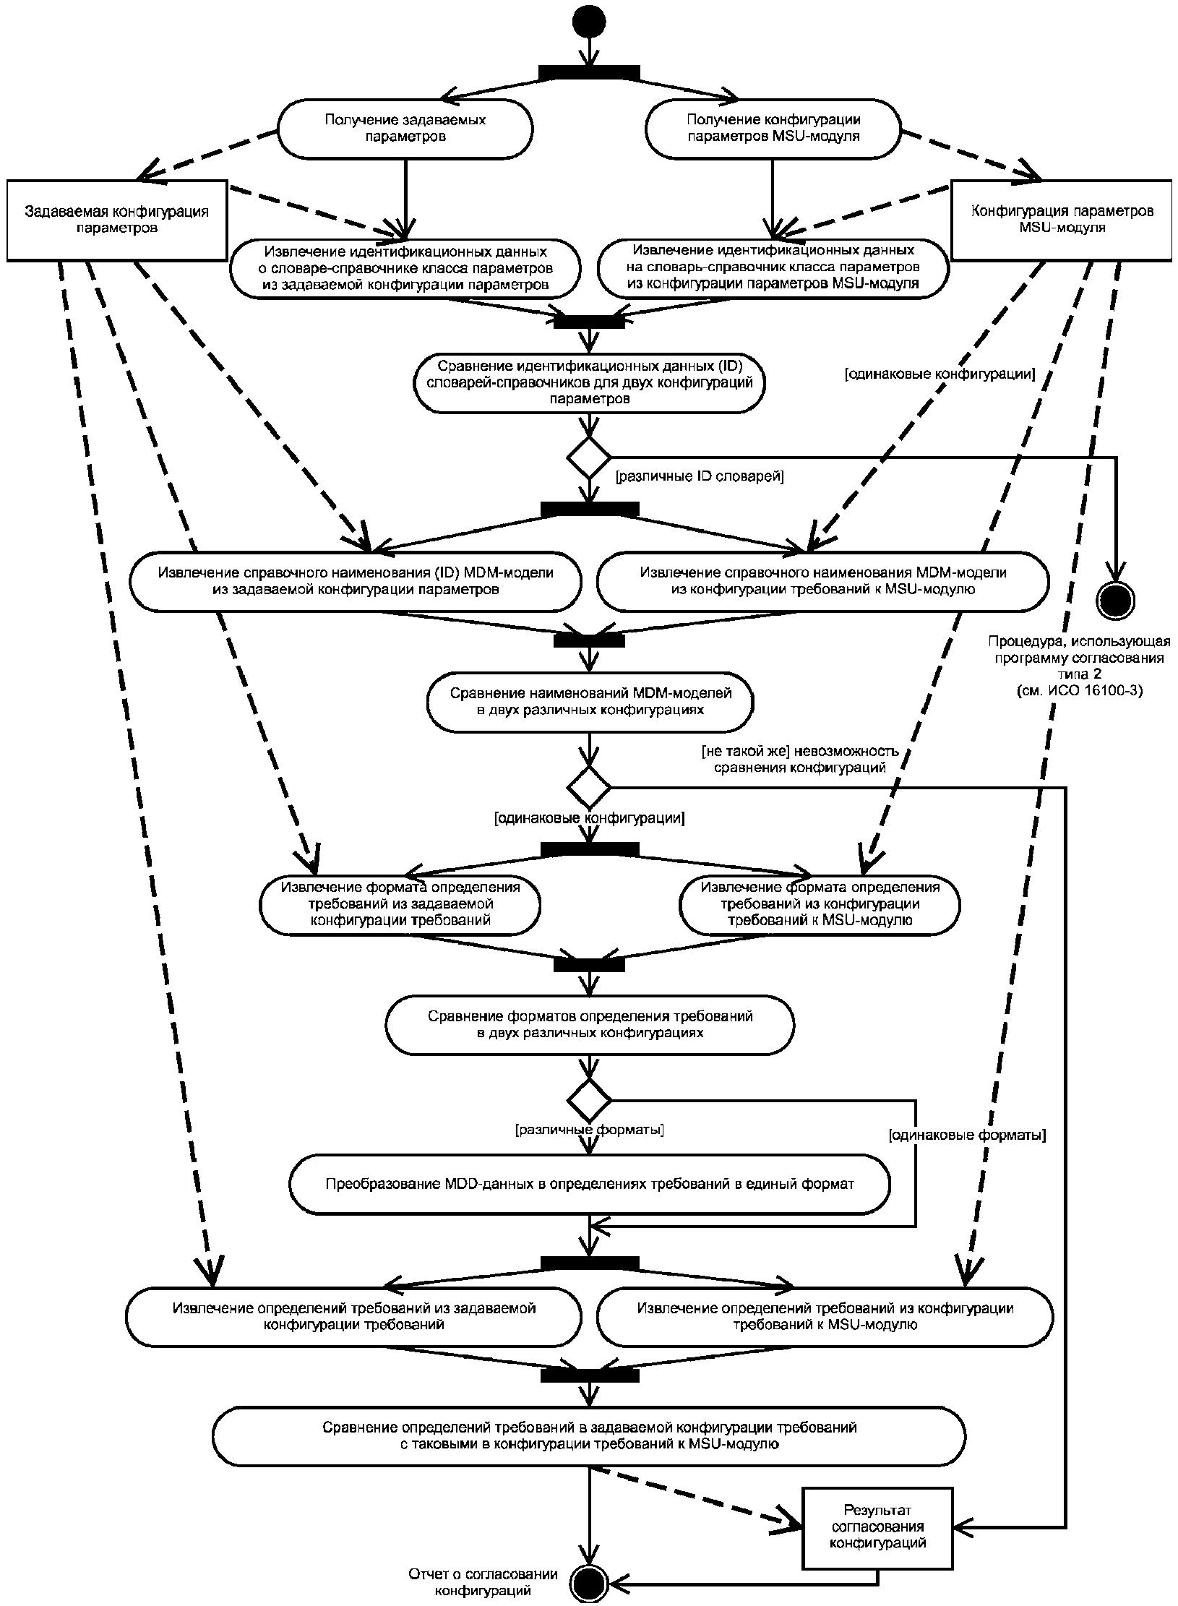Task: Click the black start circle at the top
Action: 590,22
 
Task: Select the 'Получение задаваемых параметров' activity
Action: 405,128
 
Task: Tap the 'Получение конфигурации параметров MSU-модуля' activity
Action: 773,128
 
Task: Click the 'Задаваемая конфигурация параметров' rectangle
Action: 116,220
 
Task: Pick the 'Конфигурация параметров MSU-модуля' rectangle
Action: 1061,220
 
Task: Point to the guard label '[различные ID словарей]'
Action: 699,477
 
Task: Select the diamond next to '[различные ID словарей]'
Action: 590,457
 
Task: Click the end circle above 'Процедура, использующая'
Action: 1116,599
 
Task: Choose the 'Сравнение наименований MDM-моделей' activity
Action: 590,702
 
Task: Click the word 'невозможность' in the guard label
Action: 855,751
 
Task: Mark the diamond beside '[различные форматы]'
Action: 590,1101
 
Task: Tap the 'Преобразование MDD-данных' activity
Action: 590,1185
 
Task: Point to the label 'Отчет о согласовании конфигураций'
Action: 483,1581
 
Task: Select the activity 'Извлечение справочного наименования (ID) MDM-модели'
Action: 356,580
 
